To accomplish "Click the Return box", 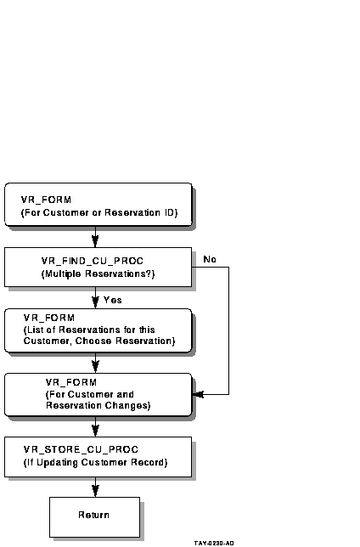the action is tap(94, 517).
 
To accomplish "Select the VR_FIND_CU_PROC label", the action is tap(93, 261).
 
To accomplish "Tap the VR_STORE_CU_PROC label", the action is tap(81, 449).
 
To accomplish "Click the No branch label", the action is tap(210, 259).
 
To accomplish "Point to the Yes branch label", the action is tap(113, 300).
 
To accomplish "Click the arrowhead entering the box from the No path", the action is tap(198, 395).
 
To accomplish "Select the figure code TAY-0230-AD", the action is tap(214, 543).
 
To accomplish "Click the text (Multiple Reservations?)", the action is tap(98, 273).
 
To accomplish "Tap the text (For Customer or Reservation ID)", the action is tap(99, 213).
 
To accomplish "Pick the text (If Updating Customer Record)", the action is tap(96, 463).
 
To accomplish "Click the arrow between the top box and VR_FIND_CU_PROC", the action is tap(95, 237).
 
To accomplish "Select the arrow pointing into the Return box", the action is tap(95, 487).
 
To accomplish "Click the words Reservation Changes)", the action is tap(98, 405).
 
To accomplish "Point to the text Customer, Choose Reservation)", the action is tap(99, 341).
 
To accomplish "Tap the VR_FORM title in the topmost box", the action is tap(46, 200).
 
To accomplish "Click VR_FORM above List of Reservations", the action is tap(49, 318).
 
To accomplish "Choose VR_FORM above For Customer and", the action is tap(71, 382).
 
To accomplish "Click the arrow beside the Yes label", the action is tap(95, 297).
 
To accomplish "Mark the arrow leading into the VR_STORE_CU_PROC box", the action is tap(95, 426).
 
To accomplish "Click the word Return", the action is tap(94, 515).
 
